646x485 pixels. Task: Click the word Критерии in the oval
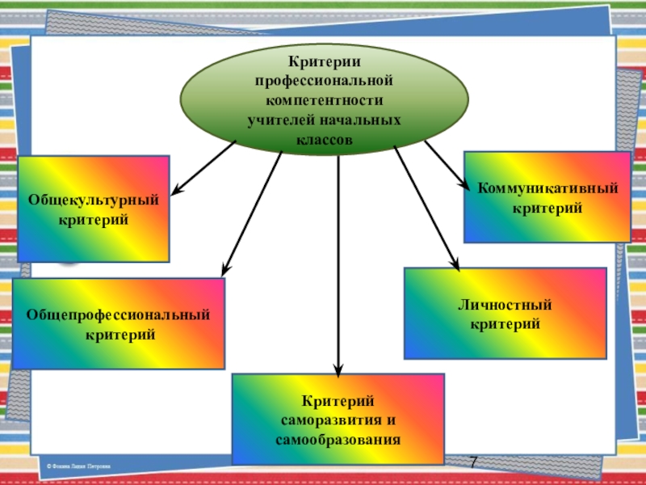click(325, 63)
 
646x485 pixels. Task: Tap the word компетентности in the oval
click(325, 101)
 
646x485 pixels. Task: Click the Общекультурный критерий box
click(94, 209)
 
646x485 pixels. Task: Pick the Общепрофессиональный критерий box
click(118, 323)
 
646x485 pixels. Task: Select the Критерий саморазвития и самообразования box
click(338, 420)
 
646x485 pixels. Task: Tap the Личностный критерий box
click(505, 314)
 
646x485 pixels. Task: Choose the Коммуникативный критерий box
click(547, 196)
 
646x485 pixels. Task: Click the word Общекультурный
click(94, 199)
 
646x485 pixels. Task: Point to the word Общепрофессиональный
click(118, 314)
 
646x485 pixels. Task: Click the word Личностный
click(505, 305)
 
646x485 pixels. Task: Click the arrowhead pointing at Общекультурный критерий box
click(177, 191)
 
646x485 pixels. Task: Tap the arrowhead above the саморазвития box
click(339, 366)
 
